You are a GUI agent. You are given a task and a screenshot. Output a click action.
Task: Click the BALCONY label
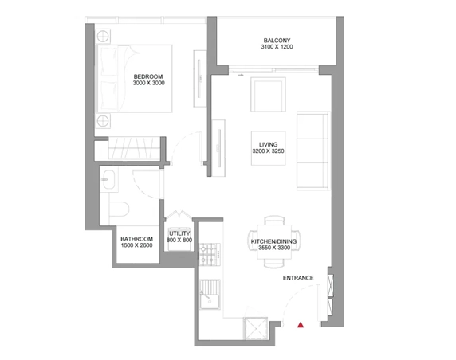[277, 41]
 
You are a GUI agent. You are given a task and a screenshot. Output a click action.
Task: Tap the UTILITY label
[179, 233]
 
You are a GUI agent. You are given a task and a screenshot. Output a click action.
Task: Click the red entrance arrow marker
[301, 325]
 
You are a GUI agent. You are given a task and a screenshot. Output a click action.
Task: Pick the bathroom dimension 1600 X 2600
[136, 246]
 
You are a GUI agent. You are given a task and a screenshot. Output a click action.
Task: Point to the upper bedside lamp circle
[103, 37]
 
